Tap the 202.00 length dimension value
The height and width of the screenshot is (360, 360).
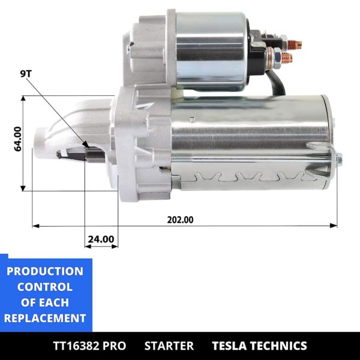click(x=180, y=220)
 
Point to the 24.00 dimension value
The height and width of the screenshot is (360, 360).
click(x=100, y=239)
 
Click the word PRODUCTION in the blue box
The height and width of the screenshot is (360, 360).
click(x=45, y=271)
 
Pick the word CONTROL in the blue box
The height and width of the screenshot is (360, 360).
click(x=45, y=287)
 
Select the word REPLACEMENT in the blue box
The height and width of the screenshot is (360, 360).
click(x=45, y=318)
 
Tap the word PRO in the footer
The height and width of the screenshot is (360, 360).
click(x=114, y=346)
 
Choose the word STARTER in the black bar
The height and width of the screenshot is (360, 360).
click(x=169, y=346)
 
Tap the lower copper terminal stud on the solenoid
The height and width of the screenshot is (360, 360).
click(x=286, y=59)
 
